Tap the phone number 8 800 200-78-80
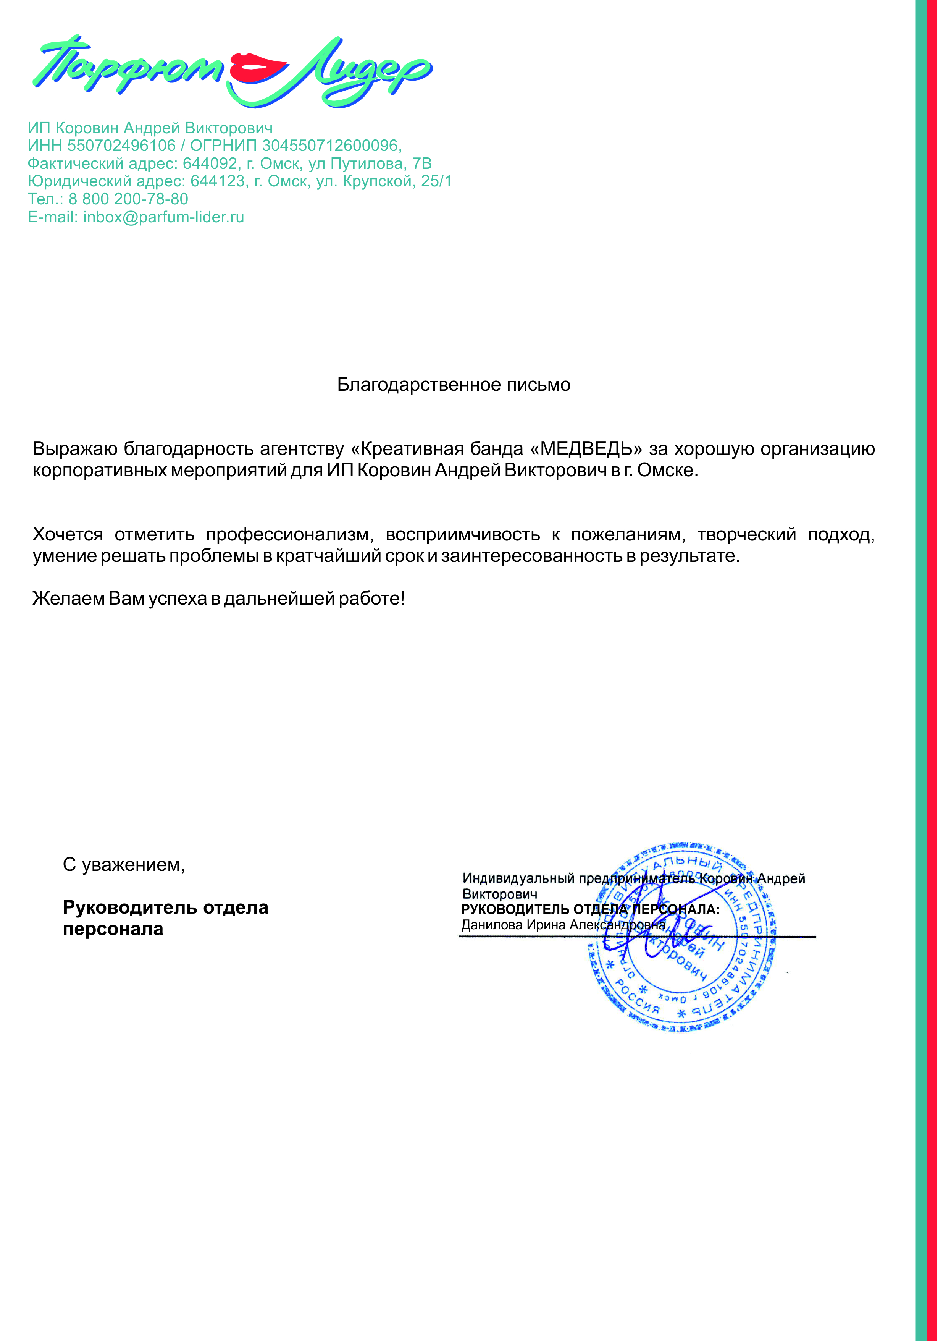(128, 199)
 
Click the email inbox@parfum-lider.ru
(163, 217)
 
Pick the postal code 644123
(218, 181)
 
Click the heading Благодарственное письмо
(454, 385)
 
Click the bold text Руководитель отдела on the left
(165, 907)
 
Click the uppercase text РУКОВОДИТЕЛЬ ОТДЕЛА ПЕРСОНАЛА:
(590, 909)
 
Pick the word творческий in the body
(746, 534)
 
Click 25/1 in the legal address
(436, 181)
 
